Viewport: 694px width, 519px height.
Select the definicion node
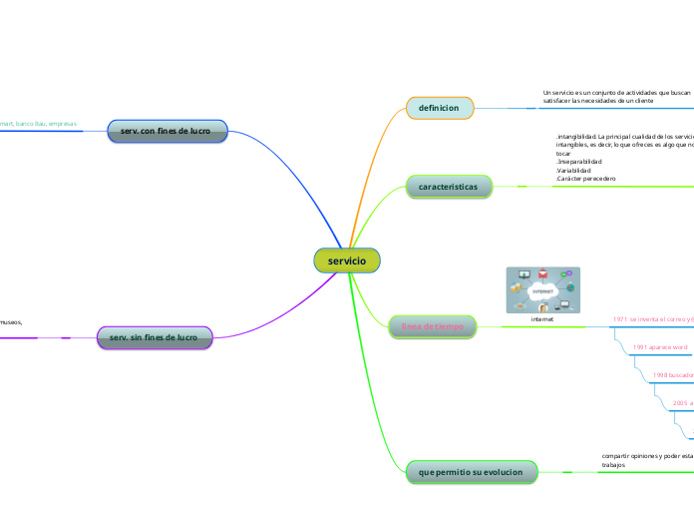(x=439, y=108)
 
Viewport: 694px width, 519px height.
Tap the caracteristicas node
(x=449, y=187)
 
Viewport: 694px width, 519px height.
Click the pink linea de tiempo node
(x=431, y=325)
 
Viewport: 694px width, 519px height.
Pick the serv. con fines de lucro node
(x=168, y=131)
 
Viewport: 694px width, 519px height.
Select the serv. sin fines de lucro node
(x=155, y=337)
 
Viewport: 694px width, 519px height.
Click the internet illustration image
(x=542, y=289)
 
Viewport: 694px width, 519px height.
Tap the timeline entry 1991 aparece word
(x=660, y=347)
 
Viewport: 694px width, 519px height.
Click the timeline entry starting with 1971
(x=653, y=319)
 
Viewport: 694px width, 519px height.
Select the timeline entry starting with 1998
(x=672, y=375)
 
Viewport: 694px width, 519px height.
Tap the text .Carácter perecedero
(x=585, y=179)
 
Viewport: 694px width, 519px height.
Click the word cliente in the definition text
(x=640, y=101)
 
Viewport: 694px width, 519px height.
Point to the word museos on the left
(x=10, y=322)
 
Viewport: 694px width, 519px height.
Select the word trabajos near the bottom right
(x=614, y=465)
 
